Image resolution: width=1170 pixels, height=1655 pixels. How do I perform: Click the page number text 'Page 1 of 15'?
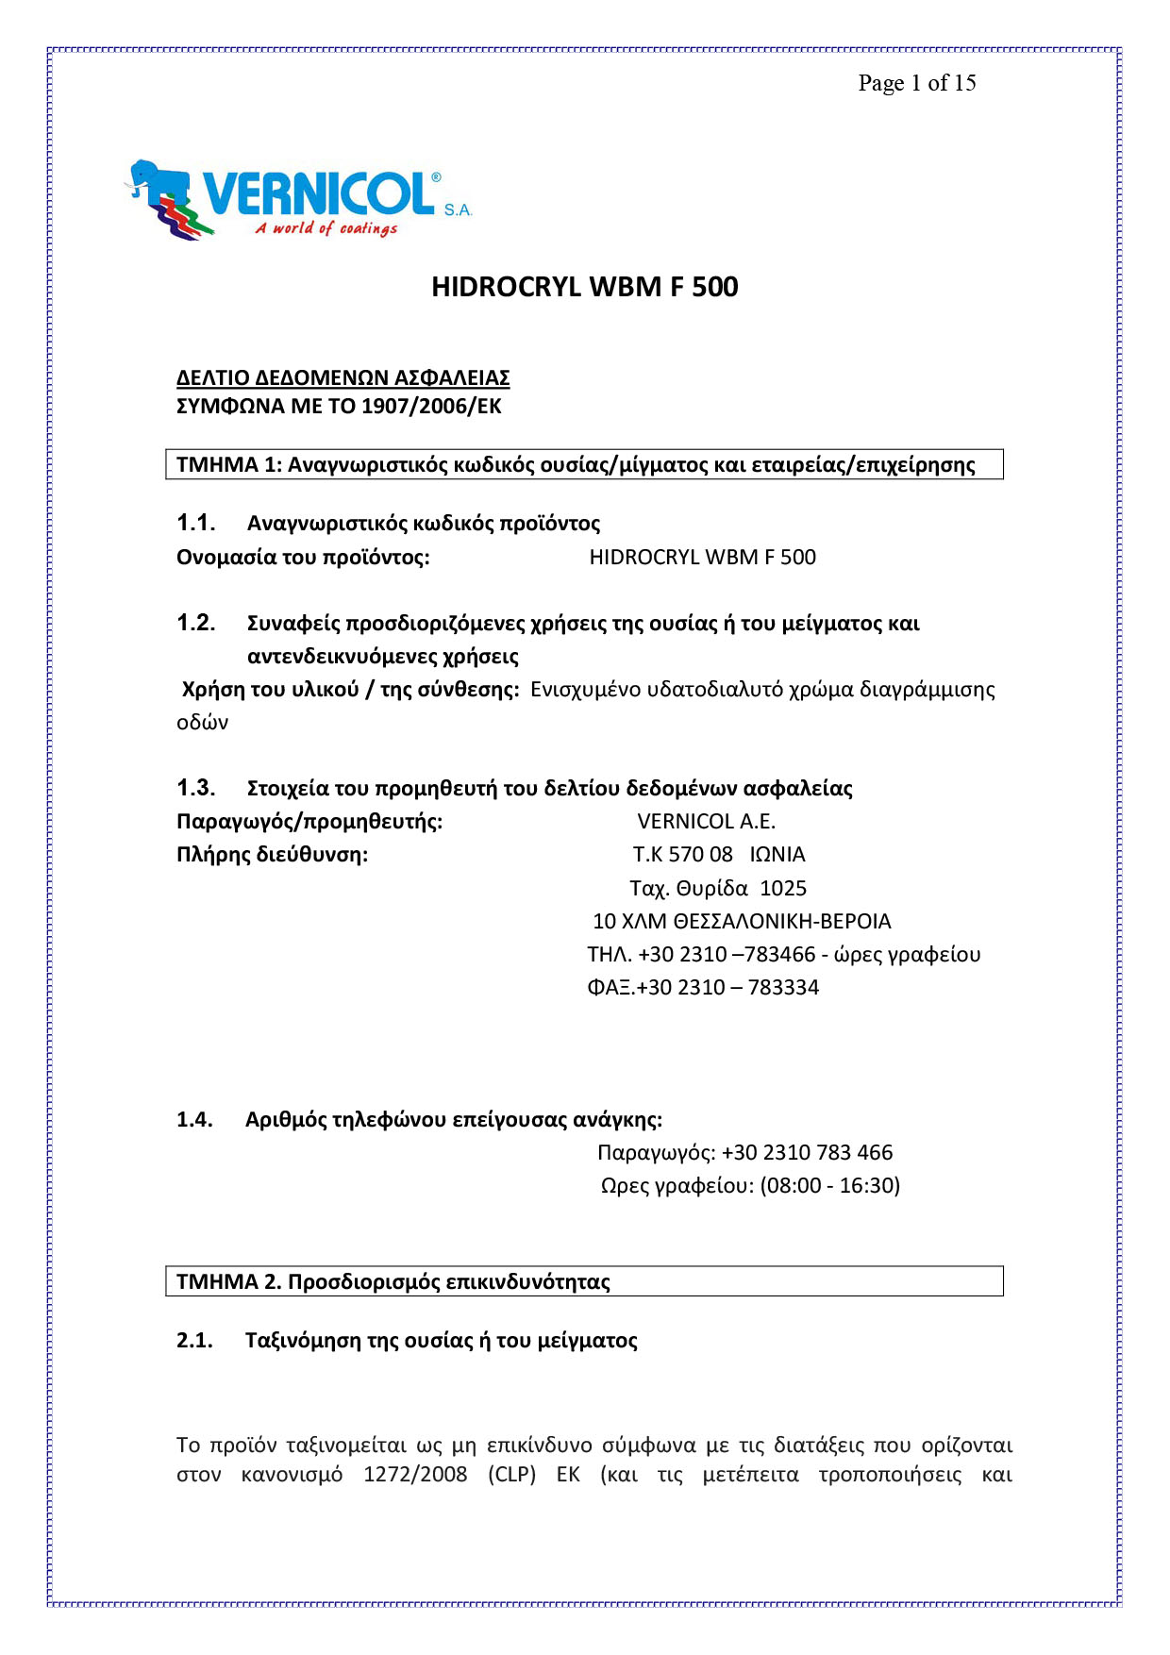(x=916, y=83)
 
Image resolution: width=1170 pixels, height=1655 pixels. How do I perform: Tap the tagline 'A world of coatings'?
(x=326, y=228)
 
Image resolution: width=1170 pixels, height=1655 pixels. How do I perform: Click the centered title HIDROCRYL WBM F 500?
(x=584, y=287)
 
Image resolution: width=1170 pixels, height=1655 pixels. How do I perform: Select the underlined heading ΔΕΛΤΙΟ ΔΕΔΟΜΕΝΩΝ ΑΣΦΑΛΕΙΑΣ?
(x=343, y=377)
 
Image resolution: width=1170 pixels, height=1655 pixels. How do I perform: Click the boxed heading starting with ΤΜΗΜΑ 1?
(x=576, y=464)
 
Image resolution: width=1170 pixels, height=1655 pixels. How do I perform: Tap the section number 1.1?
(x=195, y=523)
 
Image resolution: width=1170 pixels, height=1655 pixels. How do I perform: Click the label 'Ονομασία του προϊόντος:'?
(x=303, y=557)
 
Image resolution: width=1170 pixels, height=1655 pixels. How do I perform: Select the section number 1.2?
(x=195, y=623)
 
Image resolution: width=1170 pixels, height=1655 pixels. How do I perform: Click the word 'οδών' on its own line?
(x=202, y=723)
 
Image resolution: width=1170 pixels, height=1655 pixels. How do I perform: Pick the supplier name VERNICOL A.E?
(x=706, y=821)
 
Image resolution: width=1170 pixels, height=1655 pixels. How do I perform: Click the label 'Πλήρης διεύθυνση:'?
(x=272, y=855)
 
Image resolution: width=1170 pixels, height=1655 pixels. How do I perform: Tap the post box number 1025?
(x=783, y=888)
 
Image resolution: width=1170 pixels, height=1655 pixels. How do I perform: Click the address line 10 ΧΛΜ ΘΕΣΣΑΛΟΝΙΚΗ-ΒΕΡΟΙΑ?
(x=742, y=921)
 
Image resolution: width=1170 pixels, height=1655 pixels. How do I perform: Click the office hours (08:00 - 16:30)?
(x=829, y=1185)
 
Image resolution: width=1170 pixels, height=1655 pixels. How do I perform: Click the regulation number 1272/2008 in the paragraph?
(x=415, y=1475)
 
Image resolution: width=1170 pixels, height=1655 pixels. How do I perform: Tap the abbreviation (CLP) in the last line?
(x=511, y=1475)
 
